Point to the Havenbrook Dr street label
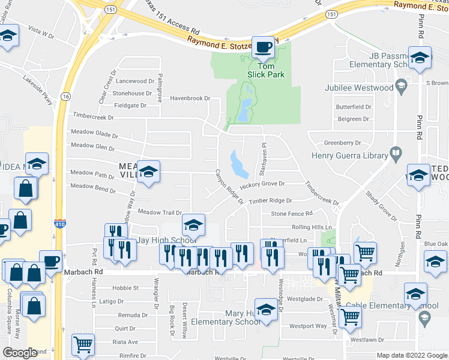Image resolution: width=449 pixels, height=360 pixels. point(190,98)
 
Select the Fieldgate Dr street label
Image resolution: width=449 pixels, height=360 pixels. point(130,105)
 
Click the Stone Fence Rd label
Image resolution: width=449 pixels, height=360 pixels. point(292,213)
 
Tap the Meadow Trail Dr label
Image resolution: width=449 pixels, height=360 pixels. point(160,212)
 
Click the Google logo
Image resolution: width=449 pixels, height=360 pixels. point(20,353)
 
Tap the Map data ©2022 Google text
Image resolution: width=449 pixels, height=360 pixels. point(411,355)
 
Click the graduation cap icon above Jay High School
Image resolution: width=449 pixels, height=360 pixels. point(193,225)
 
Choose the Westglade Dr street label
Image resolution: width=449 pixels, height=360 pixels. point(307,298)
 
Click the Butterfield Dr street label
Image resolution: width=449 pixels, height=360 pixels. point(354,107)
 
